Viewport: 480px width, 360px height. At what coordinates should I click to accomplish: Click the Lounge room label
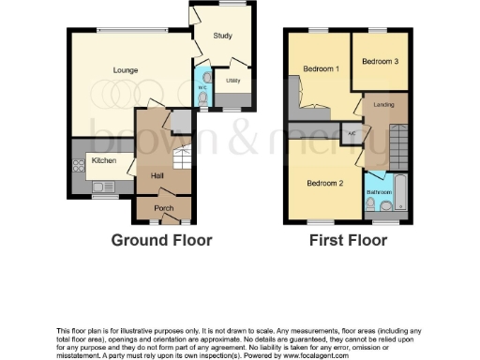tap(126, 70)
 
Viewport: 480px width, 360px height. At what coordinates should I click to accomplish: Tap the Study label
tap(222, 37)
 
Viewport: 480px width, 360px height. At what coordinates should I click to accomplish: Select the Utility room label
tap(232, 82)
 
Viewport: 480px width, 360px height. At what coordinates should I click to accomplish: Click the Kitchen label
tap(104, 160)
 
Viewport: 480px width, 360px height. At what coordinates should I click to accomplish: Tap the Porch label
tap(163, 207)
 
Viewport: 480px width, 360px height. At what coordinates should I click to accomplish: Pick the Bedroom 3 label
tap(380, 61)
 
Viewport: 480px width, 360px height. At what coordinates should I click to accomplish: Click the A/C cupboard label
tap(352, 132)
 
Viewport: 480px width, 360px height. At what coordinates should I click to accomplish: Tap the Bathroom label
tap(378, 192)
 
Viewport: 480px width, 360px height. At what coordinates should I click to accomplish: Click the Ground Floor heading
tap(162, 240)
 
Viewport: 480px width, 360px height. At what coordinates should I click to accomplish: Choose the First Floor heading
tap(349, 240)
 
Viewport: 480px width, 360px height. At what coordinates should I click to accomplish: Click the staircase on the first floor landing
tap(399, 145)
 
